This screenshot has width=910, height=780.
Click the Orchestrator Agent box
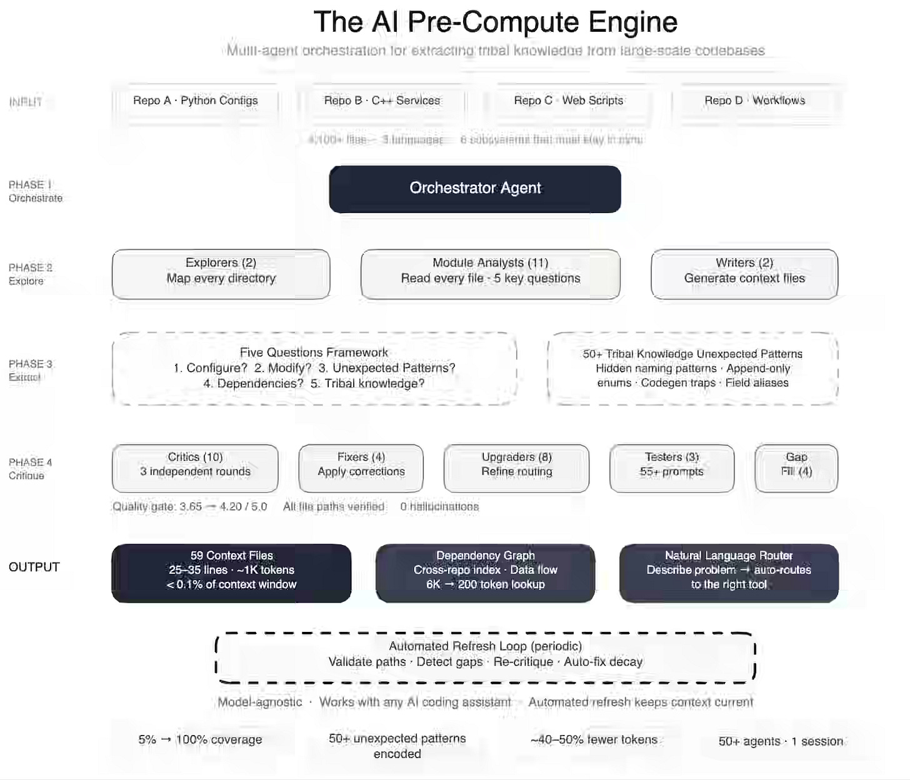click(475, 189)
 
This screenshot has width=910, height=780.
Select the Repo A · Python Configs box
click(196, 101)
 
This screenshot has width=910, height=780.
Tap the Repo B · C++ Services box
click(382, 101)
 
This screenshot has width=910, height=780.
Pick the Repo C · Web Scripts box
click(569, 101)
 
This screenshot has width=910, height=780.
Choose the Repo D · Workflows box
click(755, 101)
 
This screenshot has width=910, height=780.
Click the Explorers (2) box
click(221, 274)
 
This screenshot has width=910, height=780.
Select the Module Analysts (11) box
click(491, 274)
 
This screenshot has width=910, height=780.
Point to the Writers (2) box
click(744, 274)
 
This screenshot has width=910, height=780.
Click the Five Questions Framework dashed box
click(314, 368)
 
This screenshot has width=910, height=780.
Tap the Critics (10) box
click(195, 468)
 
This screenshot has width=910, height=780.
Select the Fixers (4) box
click(361, 468)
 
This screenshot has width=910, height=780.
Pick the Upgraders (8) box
click(517, 468)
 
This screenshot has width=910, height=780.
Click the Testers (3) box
click(672, 468)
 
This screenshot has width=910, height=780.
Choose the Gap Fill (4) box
click(796, 468)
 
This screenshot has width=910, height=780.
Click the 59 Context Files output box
click(231, 573)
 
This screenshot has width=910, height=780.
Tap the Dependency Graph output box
click(486, 573)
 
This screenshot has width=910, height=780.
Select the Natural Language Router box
click(729, 573)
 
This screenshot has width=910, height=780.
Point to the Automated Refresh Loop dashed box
click(486, 657)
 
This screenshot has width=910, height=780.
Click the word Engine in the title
click(632, 22)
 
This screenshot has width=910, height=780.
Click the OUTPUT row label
click(34, 567)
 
